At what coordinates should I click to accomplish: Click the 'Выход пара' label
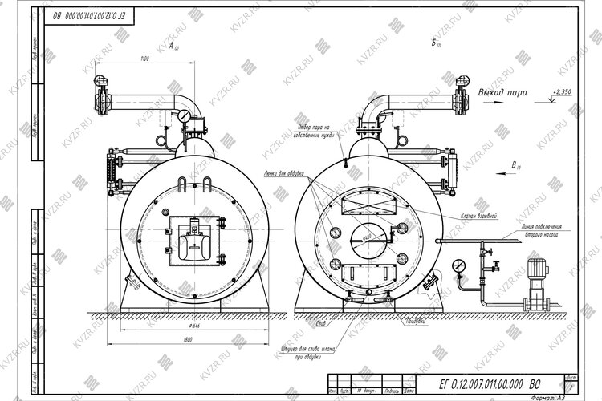coord(502,93)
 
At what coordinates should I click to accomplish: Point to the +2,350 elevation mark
coord(562,92)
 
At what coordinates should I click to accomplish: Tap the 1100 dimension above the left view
coord(144,59)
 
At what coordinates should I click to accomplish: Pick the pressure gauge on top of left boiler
coord(185,116)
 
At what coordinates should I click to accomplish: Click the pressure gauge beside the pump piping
coord(458,264)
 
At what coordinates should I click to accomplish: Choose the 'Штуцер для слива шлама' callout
coord(303,354)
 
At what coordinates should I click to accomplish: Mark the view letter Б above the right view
coord(434,42)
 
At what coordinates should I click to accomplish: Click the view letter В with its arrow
coord(514,165)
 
